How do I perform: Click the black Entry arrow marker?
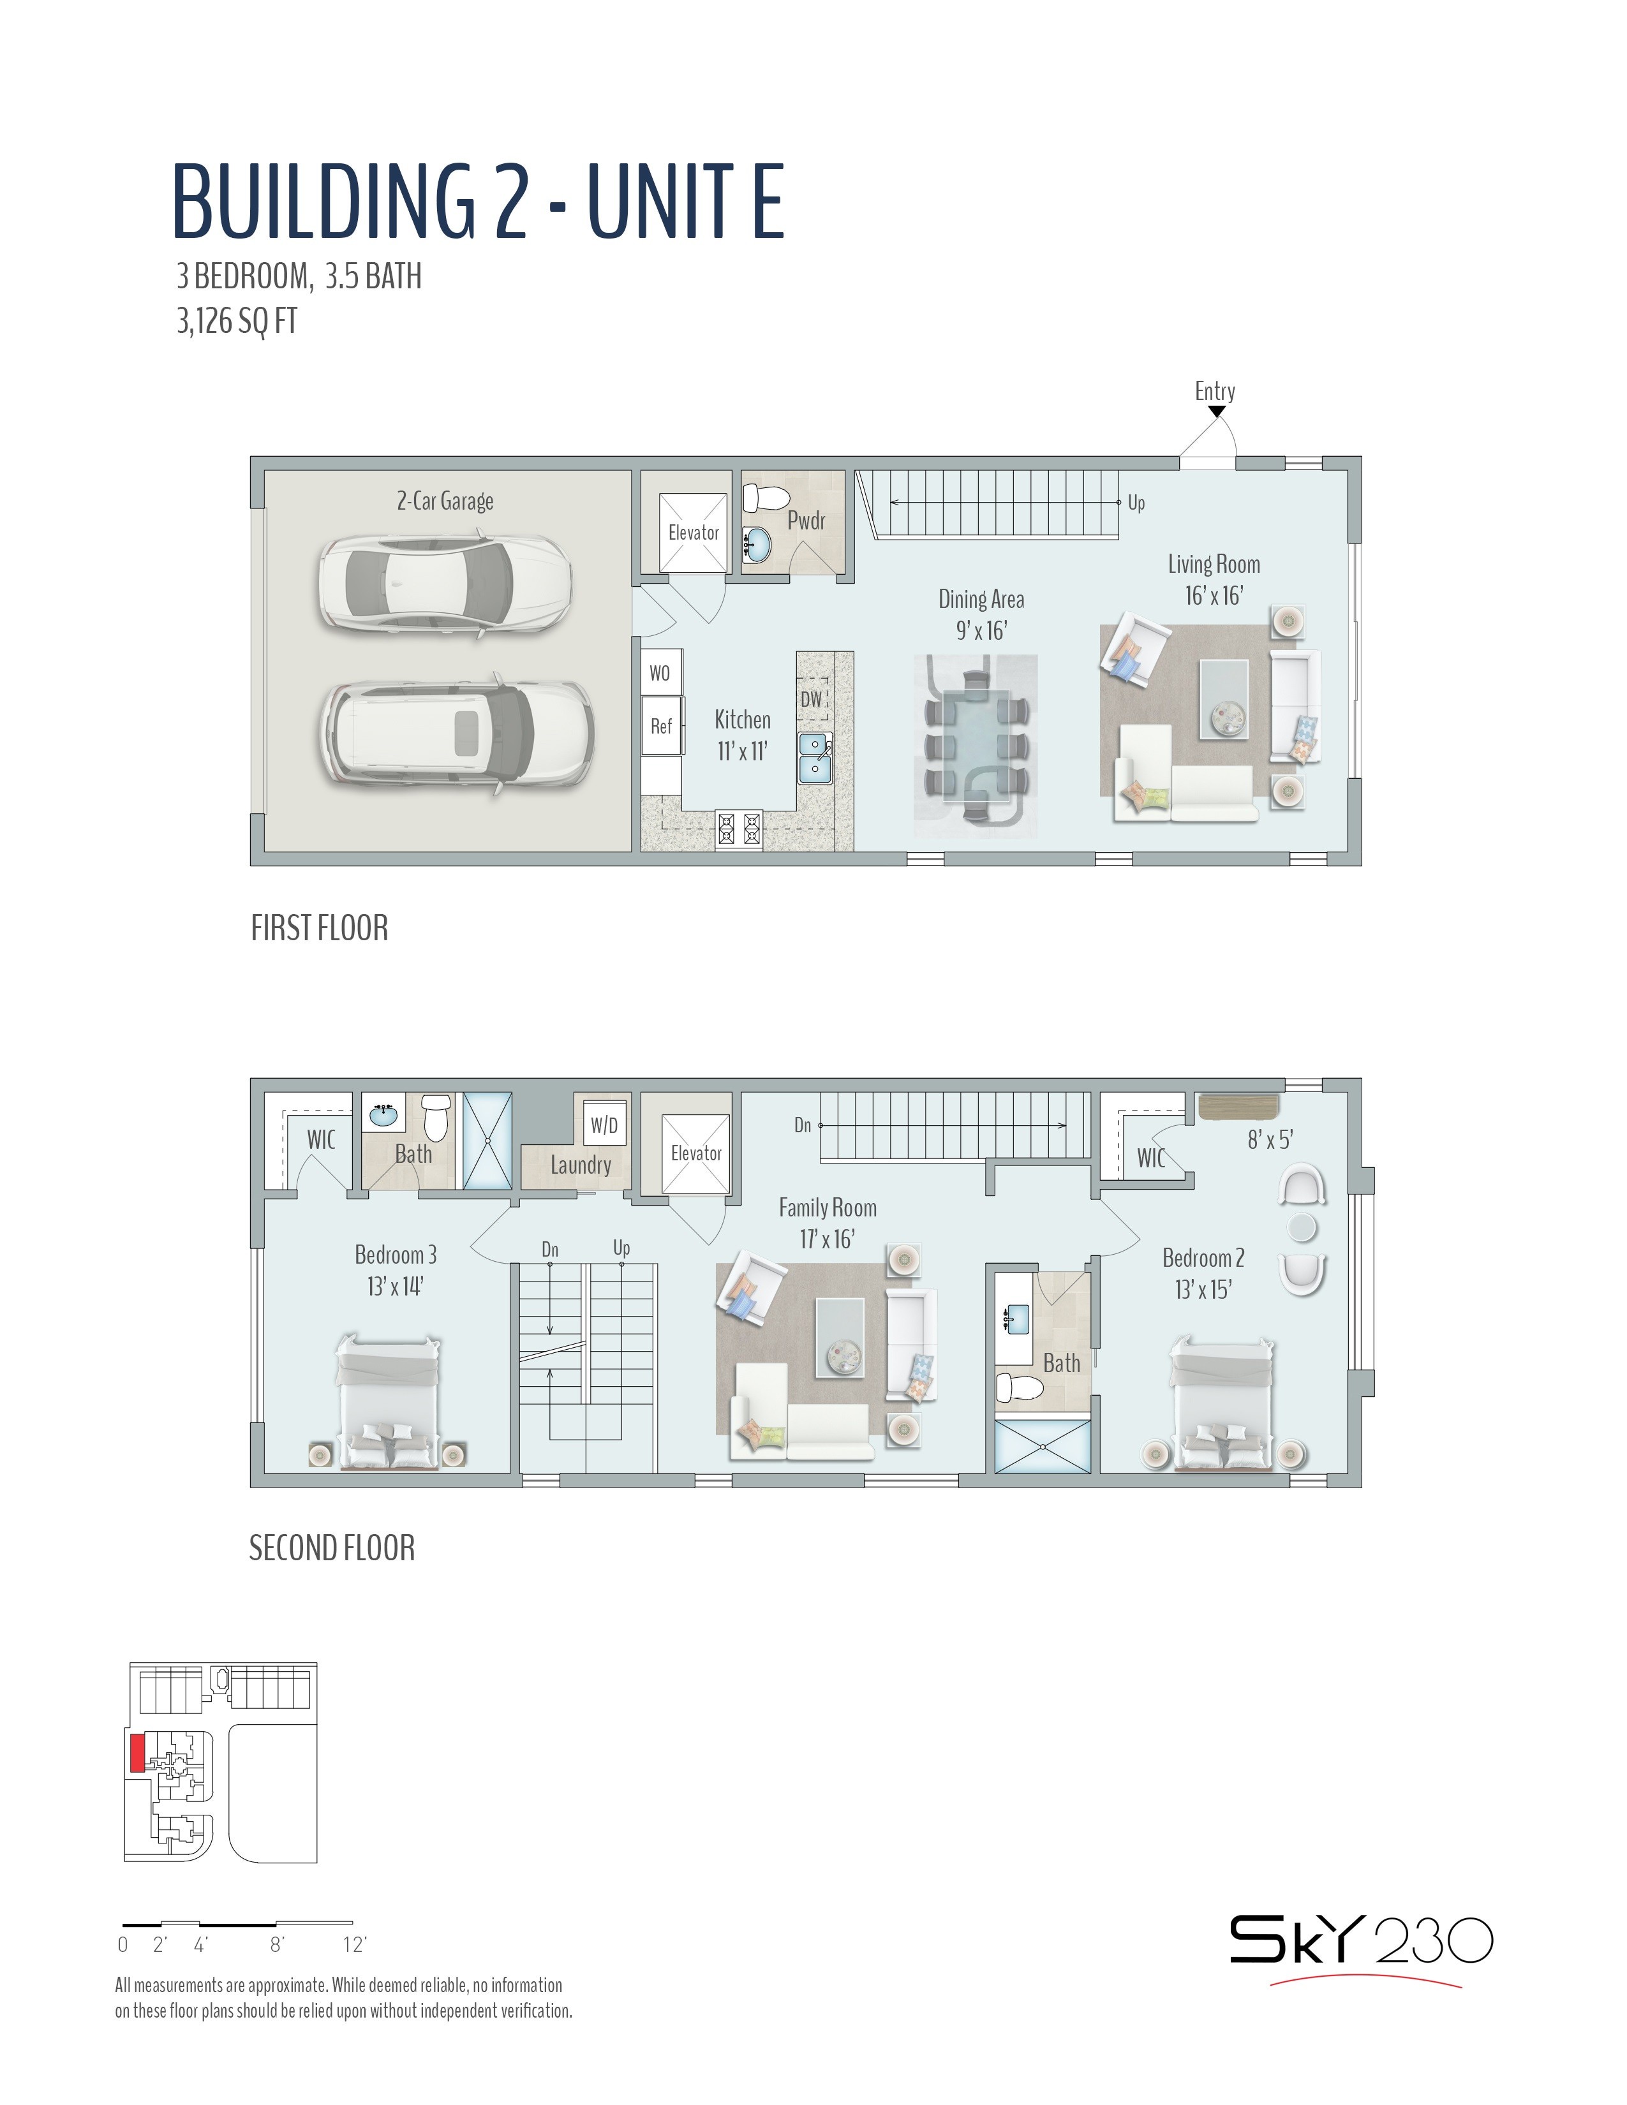1216,411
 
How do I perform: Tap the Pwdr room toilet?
767,498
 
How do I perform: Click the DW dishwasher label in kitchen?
812,698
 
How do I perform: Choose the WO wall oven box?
661,673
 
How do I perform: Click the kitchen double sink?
815,757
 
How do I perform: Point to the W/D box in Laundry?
604,1124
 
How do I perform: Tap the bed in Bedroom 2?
1222,1403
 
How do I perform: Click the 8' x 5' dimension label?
1270,1141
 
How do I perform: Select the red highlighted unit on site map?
136,1752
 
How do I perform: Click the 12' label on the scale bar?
355,1944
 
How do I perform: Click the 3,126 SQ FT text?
237,321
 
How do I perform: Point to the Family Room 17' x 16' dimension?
827,1239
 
